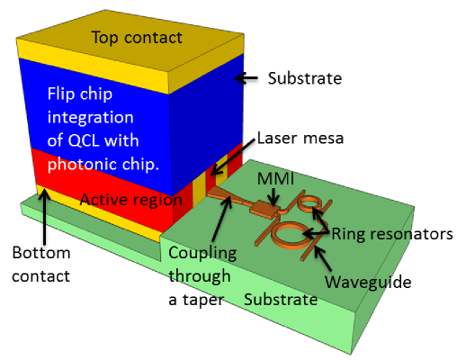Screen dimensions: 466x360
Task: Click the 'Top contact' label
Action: [137, 38]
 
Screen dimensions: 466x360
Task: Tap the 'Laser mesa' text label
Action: [300, 139]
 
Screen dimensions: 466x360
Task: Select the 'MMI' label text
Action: [275, 178]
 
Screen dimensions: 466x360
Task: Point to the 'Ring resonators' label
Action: [392, 234]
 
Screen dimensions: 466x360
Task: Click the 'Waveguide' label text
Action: [368, 282]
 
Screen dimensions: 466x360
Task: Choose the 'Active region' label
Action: [131, 200]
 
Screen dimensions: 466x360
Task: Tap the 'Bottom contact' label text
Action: [41, 265]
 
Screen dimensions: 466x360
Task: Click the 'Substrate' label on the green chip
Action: [281, 300]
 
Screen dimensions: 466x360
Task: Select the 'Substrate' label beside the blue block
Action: [305, 78]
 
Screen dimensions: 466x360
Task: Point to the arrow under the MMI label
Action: [274, 196]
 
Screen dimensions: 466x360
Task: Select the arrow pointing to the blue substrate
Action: [246, 78]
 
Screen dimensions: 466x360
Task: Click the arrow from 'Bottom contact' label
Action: [45, 216]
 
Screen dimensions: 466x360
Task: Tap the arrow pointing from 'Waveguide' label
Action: [323, 258]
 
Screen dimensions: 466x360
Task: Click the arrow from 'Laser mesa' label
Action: [233, 157]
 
